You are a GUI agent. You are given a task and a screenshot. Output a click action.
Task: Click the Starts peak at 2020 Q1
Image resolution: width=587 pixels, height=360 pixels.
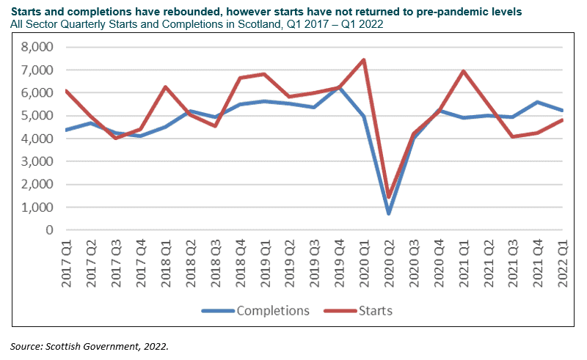[364, 60]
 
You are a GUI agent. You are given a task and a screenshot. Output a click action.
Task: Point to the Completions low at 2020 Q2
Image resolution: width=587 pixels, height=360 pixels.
[389, 213]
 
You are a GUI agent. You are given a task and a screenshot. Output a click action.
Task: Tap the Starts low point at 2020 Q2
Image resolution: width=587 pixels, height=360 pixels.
[389, 197]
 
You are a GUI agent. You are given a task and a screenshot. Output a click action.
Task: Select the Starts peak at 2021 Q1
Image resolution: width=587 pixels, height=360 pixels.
[464, 71]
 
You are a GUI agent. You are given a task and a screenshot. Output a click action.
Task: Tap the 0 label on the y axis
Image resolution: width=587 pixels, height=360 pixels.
[49, 229]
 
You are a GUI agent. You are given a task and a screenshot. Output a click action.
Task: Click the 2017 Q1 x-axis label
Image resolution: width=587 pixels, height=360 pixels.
[66, 261]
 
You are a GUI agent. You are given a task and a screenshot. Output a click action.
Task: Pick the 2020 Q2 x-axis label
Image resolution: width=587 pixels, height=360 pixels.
[389, 261]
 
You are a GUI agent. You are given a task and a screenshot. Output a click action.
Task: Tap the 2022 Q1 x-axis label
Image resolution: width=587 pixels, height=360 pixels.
[563, 261]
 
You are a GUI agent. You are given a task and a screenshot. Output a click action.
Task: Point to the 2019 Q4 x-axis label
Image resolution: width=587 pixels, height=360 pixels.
[339, 261]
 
